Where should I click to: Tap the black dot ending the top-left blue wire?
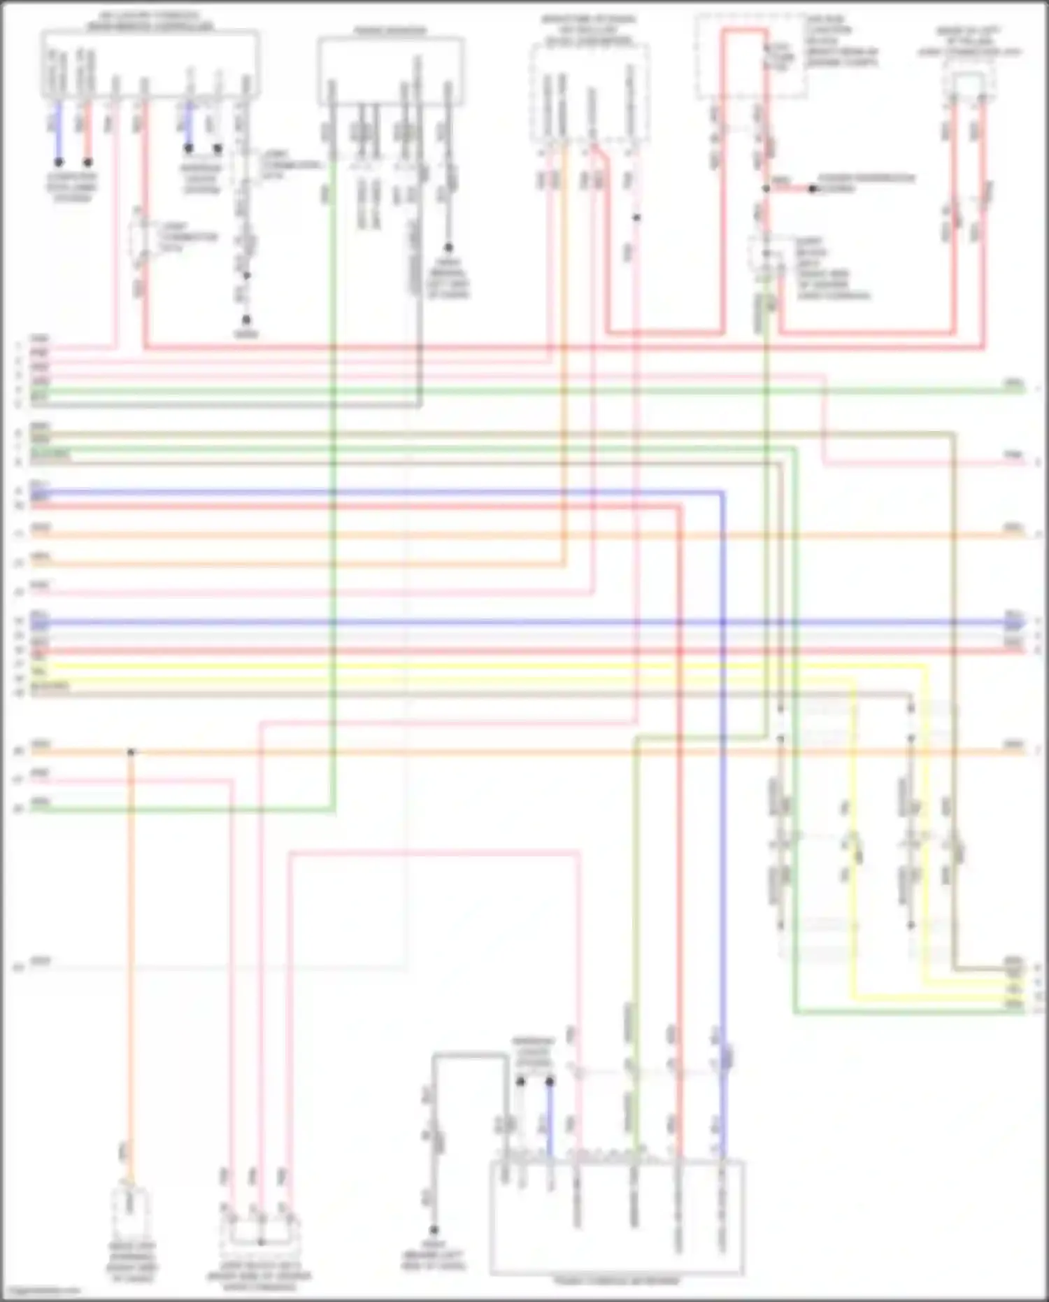point(59,162)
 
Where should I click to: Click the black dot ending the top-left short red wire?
point(88,162)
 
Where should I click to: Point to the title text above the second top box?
point(390,31)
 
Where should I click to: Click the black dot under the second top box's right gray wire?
point(448,248)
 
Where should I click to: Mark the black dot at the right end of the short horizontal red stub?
point(813,189)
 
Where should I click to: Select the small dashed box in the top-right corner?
point(969,84)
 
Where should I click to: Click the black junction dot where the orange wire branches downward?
point(131,753)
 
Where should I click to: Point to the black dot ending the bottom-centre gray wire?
point(434,1230)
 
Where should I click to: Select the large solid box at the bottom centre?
point(616,1217)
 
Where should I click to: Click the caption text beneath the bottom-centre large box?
point(616,1281)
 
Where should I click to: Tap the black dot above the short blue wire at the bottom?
point(550,1082)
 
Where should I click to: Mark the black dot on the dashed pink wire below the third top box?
point(636,218)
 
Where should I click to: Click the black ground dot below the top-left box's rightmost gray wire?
point(246,320)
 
